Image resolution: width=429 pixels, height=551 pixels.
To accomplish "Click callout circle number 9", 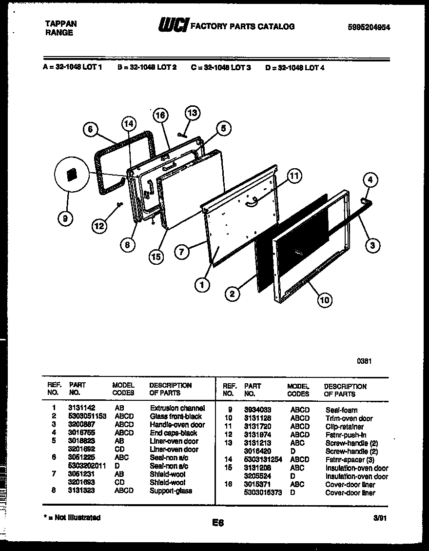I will tap(65, 219).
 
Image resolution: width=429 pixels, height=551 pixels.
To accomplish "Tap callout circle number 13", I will tap(193, 113).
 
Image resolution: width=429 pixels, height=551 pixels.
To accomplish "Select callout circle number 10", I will tap(324, 299).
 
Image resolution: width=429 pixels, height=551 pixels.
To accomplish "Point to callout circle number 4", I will tap(370, 180).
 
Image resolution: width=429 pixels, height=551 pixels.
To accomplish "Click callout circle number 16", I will tap(160, 116).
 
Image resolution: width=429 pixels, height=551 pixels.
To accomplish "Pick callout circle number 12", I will tap(99, 226).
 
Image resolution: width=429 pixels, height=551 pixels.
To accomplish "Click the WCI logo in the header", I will tap(173, 26).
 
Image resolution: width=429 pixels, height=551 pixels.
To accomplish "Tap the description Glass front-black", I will tap(175, 416).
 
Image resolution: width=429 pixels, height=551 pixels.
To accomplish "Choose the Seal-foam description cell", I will tap(341, 410).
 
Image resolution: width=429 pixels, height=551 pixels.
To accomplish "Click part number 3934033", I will tap(258, 410).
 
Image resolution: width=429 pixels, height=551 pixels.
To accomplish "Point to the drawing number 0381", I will tap(363, 361).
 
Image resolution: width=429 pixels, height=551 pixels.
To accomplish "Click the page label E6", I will tap(218, 523).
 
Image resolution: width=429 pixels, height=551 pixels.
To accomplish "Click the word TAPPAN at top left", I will tap(60, 23).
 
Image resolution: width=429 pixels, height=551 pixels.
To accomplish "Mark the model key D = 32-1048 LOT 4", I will tap(294, 68).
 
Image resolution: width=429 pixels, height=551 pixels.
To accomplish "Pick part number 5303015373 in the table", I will tap(262, 492).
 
